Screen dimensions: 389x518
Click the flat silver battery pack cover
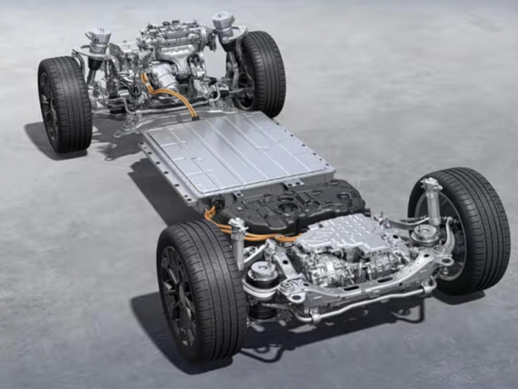233,152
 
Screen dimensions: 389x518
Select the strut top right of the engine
223,23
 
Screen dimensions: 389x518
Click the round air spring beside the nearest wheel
262,272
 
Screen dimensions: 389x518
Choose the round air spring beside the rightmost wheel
425,233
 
